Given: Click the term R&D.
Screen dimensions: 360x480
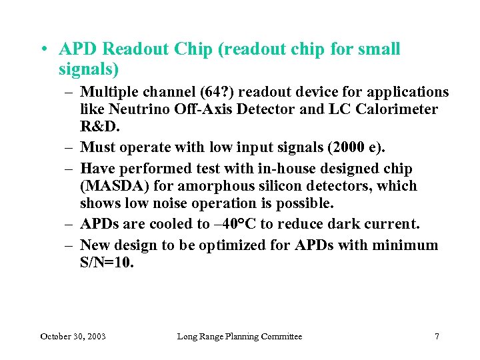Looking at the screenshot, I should click(x=96, y=126).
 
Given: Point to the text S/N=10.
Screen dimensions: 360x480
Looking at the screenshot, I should click(x=107, y=263).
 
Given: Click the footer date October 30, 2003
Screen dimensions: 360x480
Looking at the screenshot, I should click(x=73, y=337).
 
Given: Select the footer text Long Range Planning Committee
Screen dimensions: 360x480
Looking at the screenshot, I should click(x=239, y=337).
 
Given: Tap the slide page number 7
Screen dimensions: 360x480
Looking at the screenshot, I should click(x=437, y=337).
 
